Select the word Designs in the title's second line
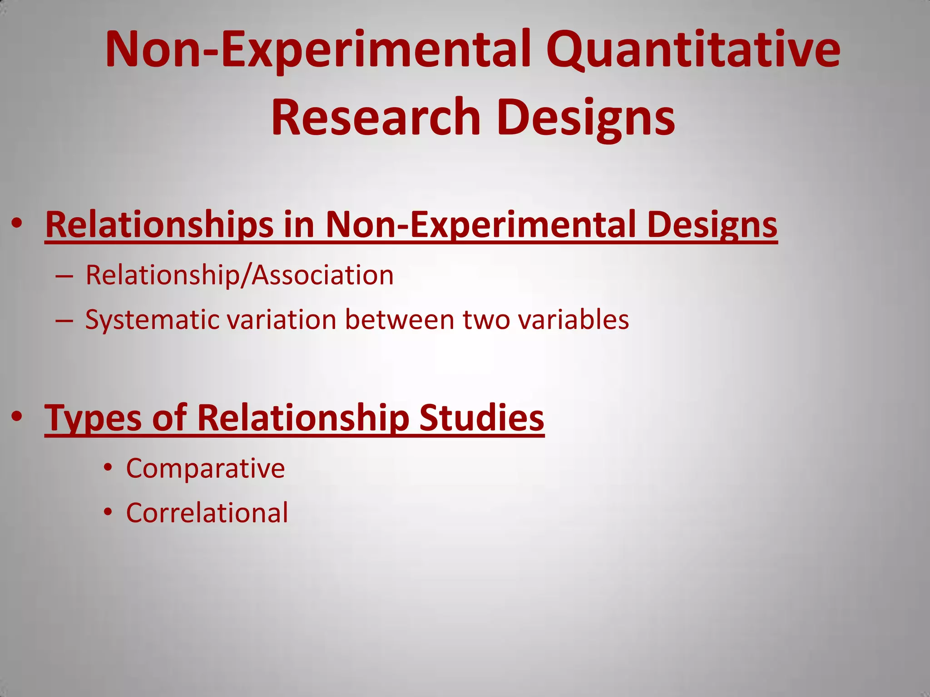(x=586, y=117)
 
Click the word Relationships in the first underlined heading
(x=159, y=224)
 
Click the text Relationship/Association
(x=239, y=275)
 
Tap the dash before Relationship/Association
(x=64, y=276)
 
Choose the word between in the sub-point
(x=400, y=319)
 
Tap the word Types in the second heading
(x=93, y=417)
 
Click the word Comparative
(x=205, y=468)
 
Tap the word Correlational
(x=207, y=513)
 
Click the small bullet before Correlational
(x=108, y=512)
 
